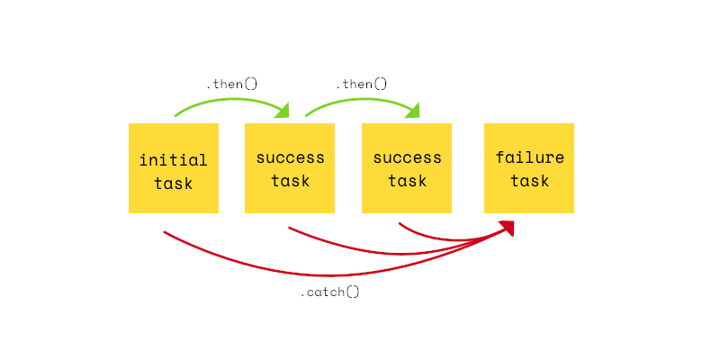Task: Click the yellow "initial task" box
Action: (x=174, y=168)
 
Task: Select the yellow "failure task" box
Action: (x=529, y=168)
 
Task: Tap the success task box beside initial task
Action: (x=290, y=168)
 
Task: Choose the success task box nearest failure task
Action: (x=407, y=168)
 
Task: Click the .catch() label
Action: (x=330, y=292)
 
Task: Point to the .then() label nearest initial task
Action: (x=232, y=85)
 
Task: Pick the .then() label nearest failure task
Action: (x=361, y=85)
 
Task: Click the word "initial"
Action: (x=174, y=160)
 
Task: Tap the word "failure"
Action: (x=530, y=157)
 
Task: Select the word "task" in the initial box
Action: (x=174, y=183)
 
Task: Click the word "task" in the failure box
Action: (x=529, y=180)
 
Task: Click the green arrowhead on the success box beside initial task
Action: (x=283, y=111)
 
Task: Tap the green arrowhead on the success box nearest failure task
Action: (x=413, y=111)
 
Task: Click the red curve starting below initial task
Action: (x=331, y=274)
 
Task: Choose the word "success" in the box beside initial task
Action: (x=290, y=157)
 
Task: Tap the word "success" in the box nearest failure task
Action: (x=407, y=157)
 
